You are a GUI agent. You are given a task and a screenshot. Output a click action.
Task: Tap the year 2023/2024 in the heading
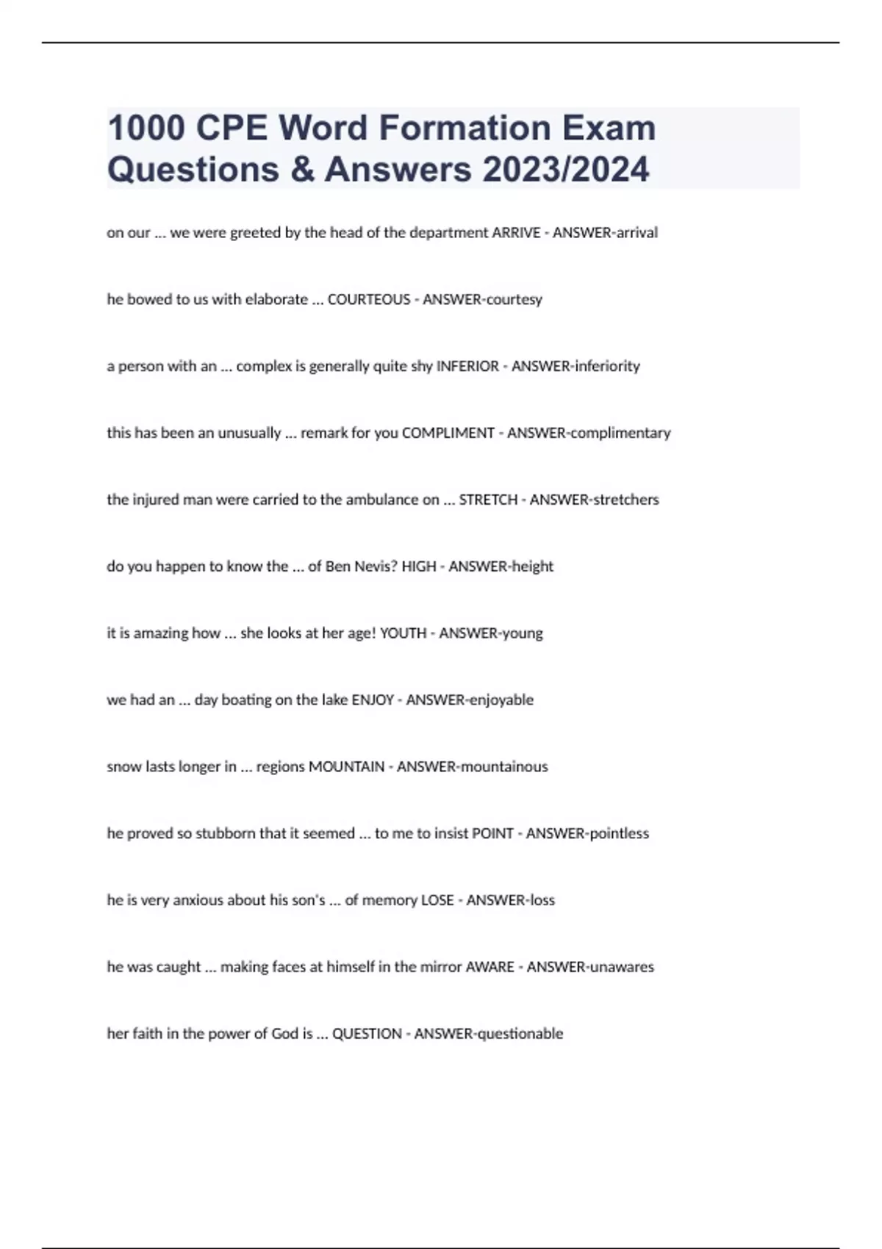click(566, 169)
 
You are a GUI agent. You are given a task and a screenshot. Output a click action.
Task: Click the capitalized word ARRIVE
click(516, 233)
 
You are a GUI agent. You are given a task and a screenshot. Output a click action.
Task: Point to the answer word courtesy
click(514, 300)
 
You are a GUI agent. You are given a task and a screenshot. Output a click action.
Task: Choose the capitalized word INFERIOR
click(467, 367)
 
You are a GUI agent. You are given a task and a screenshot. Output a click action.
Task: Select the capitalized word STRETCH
click(488, 500)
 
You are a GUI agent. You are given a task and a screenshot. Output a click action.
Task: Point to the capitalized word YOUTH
click(403, 633)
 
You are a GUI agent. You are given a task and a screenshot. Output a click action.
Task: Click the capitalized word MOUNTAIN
click(346, 767)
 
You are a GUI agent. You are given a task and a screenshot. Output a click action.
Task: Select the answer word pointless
click(620, 834)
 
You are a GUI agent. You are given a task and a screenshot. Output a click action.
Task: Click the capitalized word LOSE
click(437, 901)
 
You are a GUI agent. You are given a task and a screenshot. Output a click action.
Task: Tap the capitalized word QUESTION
click(367, 1034)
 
